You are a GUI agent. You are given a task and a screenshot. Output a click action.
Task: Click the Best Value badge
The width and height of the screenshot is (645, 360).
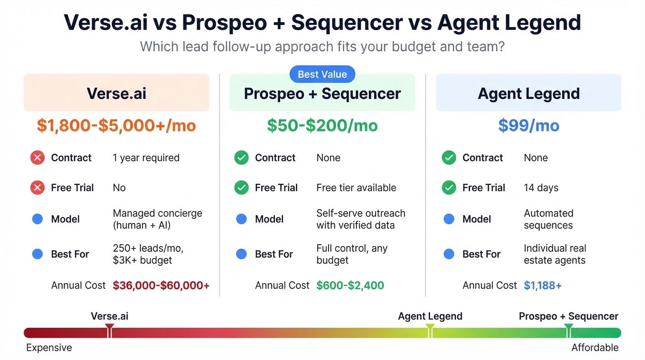(322, 74)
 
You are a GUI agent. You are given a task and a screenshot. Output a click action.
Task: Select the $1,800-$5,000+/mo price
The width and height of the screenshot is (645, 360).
(116, 125)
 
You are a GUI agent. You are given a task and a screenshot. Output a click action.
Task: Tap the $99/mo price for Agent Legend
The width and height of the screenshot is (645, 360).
(528, 125)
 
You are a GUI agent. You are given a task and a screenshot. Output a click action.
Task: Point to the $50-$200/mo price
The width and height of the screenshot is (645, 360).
(322, 125)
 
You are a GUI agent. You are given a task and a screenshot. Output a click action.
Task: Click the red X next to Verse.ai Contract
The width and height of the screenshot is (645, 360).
(37, 158)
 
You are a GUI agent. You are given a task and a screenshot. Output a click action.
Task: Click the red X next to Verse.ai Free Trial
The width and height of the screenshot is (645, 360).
(37, 188)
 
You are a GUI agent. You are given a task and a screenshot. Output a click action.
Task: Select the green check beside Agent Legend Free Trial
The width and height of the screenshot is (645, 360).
(449, 188)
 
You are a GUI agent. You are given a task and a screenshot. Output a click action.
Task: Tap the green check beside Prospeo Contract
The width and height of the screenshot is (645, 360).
(241, 158)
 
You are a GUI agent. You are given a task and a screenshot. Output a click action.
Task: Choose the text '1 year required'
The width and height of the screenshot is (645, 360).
(146, 158)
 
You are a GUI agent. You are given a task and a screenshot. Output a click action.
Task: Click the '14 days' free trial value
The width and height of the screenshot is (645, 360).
(541, 188)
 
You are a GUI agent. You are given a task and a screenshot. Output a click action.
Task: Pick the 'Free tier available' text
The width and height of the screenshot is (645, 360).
(356, 188)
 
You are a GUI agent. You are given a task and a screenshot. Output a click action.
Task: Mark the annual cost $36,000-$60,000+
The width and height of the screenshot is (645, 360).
(161, 285)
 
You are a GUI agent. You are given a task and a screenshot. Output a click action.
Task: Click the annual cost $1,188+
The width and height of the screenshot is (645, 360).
(543, 285)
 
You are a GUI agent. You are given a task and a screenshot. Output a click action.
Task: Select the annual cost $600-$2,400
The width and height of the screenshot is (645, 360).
(350, 285)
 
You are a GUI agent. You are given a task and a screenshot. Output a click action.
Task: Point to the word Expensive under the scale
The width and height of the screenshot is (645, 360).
(49, 348)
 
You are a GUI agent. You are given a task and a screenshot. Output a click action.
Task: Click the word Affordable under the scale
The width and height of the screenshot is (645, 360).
(595, 348)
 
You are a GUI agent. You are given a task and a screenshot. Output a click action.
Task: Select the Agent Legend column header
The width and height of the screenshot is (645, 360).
(528, 93)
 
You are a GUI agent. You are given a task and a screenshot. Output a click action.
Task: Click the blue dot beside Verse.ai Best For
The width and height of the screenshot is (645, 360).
(37, 254)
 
